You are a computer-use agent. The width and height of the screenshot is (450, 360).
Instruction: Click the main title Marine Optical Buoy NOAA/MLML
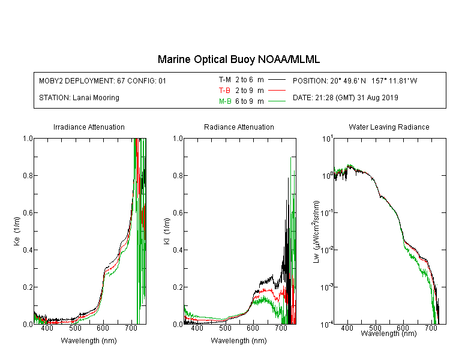click(x=238, y=59)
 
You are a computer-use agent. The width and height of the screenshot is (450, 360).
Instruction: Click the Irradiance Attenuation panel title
click(x=89, y=127)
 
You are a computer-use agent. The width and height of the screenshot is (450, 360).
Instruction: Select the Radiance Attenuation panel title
click(x=239, y=127)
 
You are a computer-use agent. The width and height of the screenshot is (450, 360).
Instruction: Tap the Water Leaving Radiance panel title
click(x=389, y=127)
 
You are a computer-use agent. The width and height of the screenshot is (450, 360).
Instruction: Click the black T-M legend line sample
click(x=277, y=80)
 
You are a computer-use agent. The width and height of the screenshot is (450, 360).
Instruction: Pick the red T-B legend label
click(x=224, y=91)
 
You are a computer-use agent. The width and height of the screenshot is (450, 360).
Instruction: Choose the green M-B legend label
click(x=225, y=101)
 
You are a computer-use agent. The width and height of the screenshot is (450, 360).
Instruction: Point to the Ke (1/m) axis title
click(x=17, y=232)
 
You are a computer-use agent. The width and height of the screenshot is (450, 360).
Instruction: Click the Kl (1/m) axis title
click(x=167, y=232)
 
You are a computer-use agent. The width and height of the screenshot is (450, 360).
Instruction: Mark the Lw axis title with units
click(x=316, y=232)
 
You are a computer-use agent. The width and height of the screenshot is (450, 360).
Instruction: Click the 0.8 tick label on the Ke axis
click(x=28, y=175)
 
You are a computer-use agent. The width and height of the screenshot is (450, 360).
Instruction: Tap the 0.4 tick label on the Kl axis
click(x=178, y=250)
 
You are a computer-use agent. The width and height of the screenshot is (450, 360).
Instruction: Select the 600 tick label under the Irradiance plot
click(x=103, y=328)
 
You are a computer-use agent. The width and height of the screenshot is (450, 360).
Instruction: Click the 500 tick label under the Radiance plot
click(x=225, y=328)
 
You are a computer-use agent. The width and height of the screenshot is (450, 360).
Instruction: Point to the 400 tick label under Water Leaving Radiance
click(x=347, y=328)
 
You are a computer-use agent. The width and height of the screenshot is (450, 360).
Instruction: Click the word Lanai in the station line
click(x=81, y=98)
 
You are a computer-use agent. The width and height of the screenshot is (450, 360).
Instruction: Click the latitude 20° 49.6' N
click(x=348, y=80)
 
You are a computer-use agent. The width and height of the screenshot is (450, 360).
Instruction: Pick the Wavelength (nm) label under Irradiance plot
click(x=89, y=341)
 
